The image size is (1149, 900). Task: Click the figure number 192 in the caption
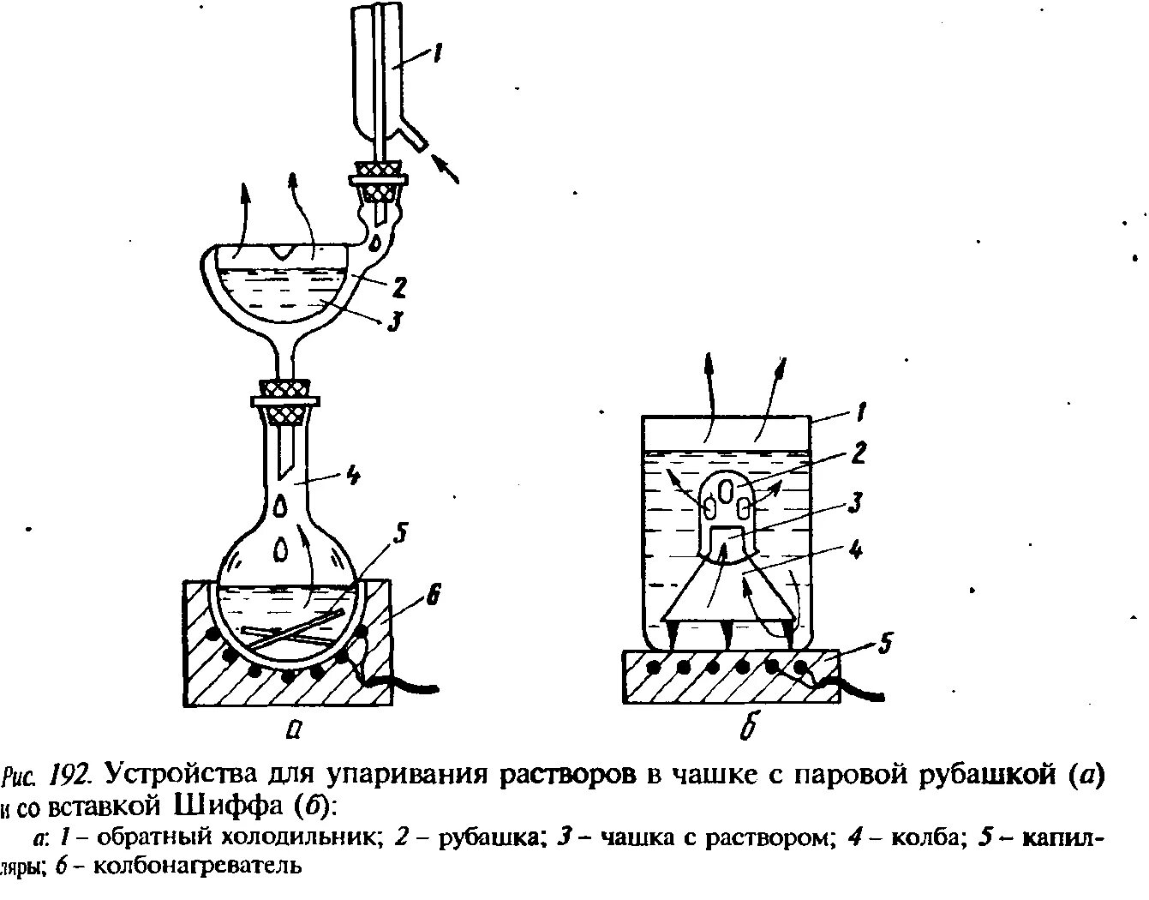(70, 777)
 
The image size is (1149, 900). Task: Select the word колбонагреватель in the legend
(196, 866)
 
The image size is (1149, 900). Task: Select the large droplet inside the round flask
(282, 547)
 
